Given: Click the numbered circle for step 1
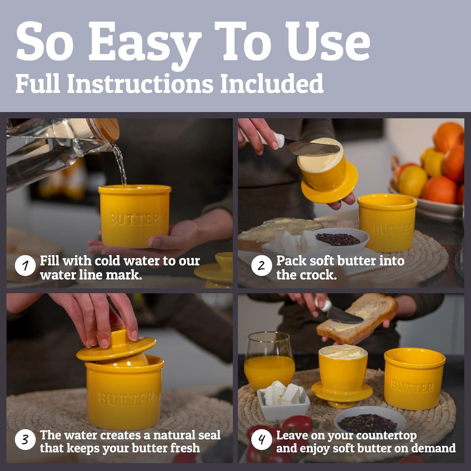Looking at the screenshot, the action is (x=25, y=266).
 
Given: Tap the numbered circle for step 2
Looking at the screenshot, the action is (x=261, y=266).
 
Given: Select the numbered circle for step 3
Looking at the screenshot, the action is (x=25, y=439).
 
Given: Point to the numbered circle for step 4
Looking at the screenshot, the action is (x=261, y=439).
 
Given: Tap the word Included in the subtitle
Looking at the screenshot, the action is (x=271, y=83).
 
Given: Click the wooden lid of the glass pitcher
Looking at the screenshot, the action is (x=103, y=129).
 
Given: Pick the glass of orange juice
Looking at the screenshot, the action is (x=269, y=362).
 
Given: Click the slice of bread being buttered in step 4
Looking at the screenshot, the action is (x=357, y=318).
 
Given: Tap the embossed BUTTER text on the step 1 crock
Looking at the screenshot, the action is (x=135, y=219).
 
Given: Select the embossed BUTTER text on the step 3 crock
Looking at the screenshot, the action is (x=126, y=398).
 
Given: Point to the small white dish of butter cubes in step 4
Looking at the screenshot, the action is (x=283, y=401).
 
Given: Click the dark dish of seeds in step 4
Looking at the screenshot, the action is (x=370, y=420).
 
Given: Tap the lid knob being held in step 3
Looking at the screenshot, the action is (x=117, y=336).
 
